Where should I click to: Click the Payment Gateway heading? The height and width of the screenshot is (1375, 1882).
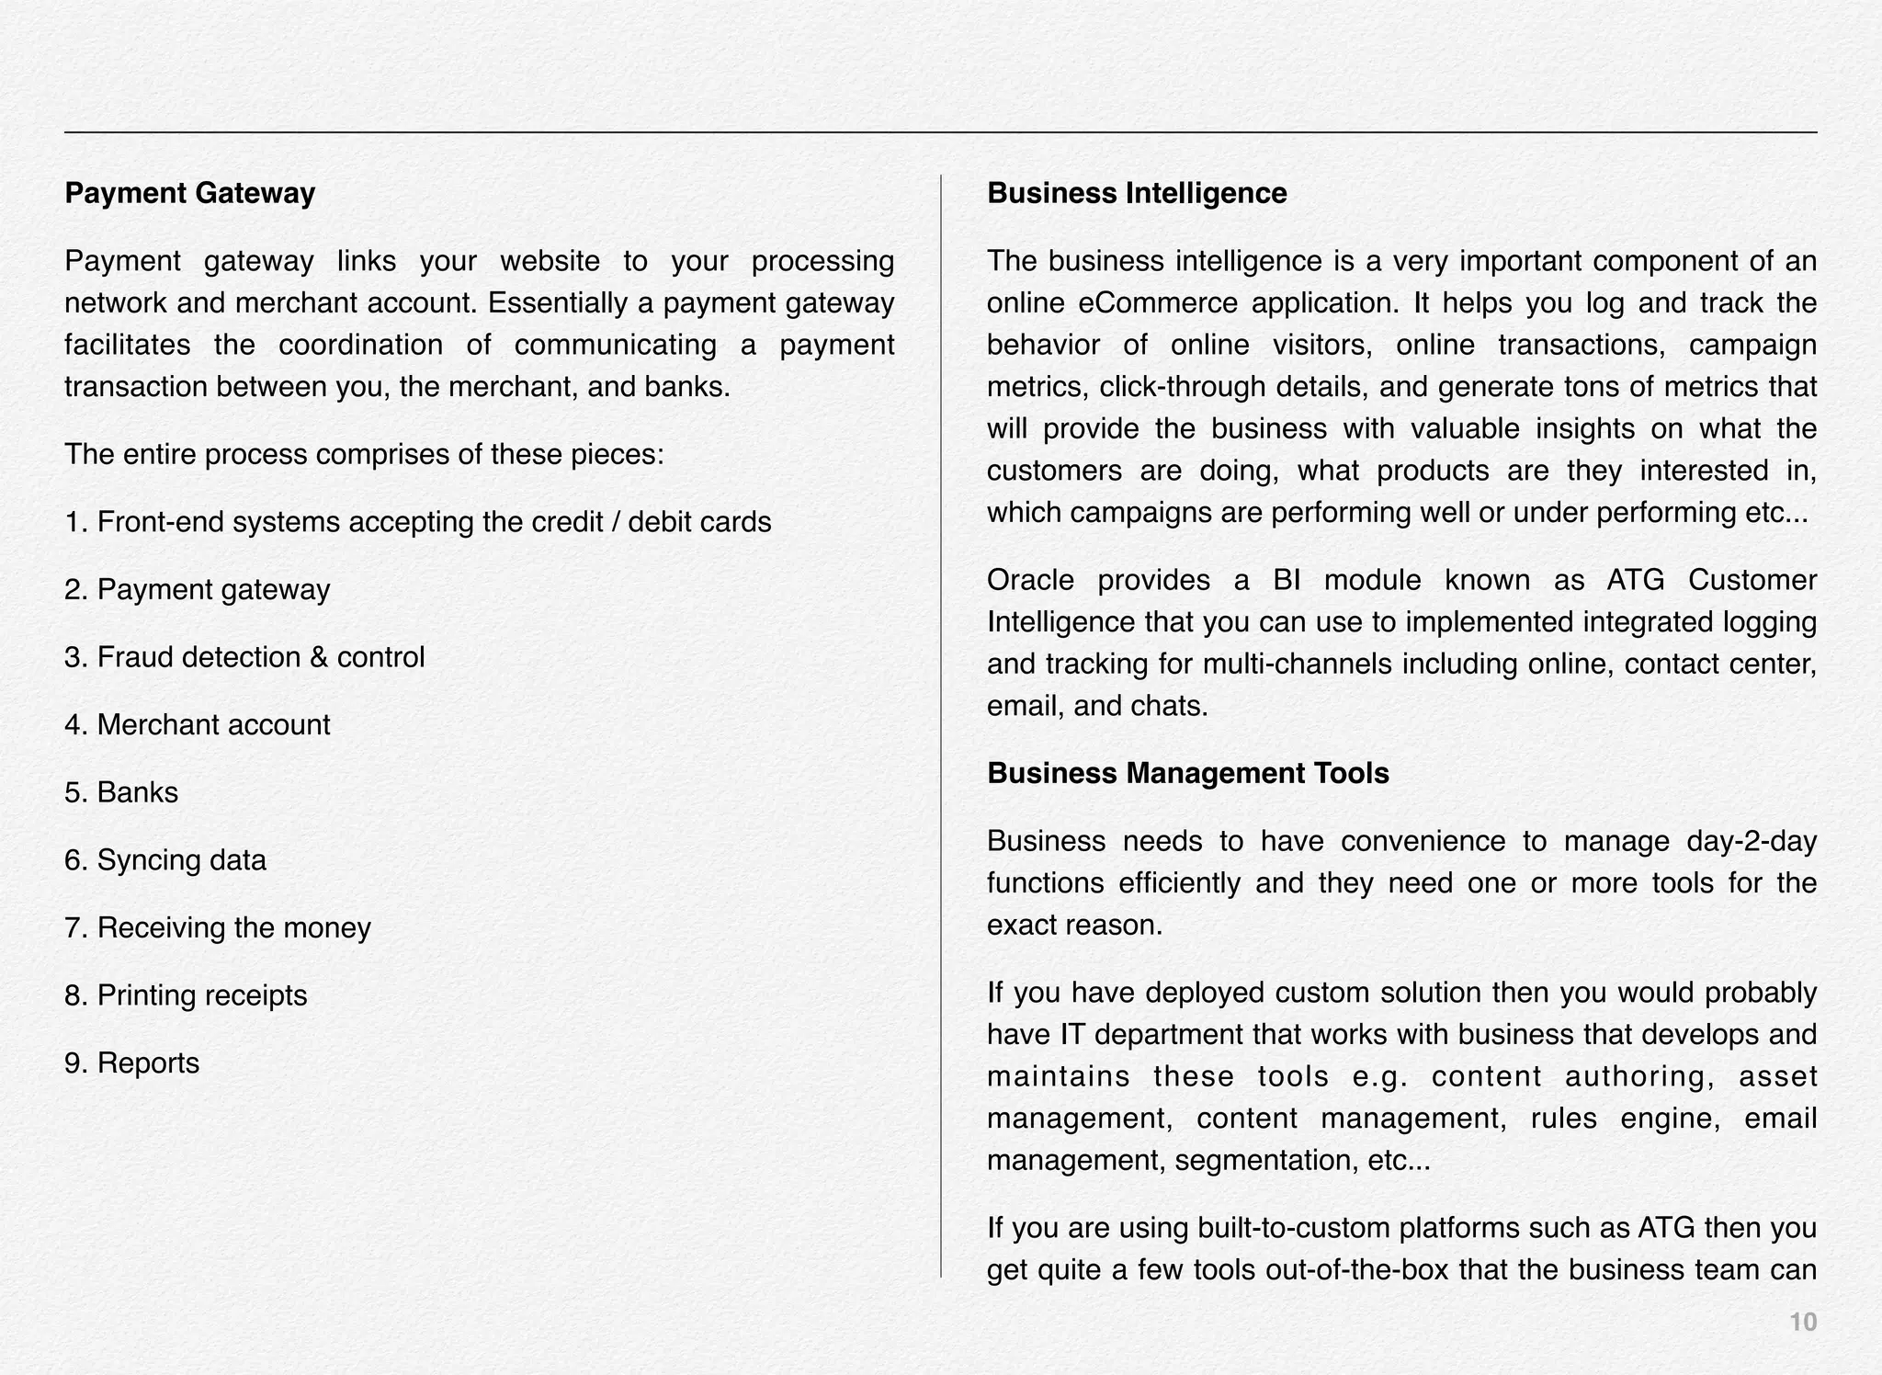coord(189,194)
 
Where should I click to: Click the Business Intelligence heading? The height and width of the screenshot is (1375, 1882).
coord(1137,194)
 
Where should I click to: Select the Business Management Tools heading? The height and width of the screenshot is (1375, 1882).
coord(1187,774)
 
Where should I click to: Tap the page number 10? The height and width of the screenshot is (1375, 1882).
coord(1803,1322)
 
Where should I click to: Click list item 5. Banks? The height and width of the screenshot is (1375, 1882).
coord(121,792)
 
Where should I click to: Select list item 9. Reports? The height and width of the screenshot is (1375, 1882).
coord(131,1063)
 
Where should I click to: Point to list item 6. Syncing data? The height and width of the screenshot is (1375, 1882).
coord(165,860)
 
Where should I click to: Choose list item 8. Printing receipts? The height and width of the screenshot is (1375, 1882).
coord(186,995)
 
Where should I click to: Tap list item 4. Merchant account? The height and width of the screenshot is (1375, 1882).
coord(197,725)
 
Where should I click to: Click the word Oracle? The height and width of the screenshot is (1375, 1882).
coord(1030,581)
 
